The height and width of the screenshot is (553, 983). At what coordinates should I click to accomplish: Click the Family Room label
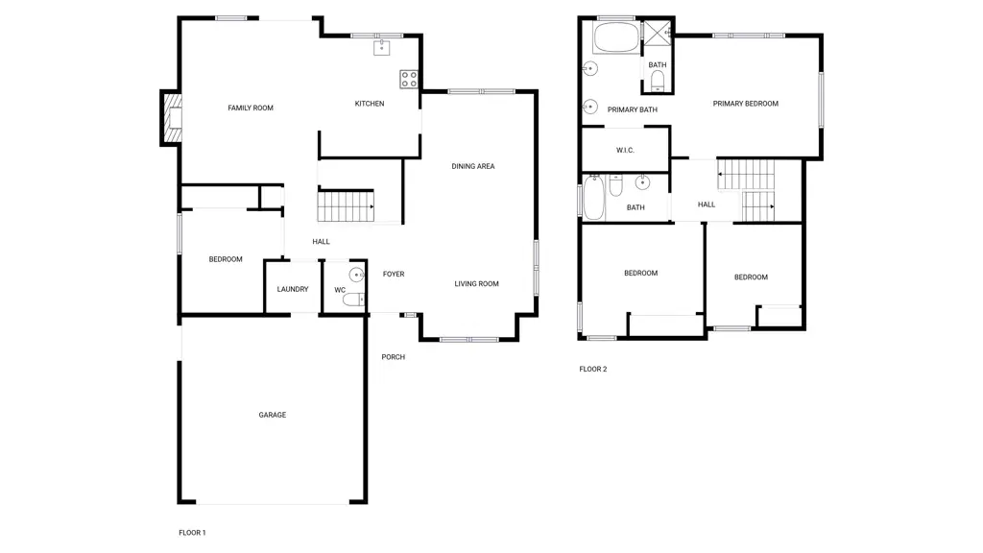click(251, 108)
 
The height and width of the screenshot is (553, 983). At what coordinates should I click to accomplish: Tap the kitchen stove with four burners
click(409, 79)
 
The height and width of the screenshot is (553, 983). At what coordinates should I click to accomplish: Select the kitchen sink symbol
click(382, 47)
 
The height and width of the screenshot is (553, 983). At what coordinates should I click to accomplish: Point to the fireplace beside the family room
click(172, 117)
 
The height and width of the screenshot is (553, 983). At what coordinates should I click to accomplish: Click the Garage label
click(272, 415)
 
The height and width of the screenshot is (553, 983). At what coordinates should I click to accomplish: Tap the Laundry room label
click(293, 289)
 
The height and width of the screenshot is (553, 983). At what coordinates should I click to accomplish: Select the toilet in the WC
click(353, 300)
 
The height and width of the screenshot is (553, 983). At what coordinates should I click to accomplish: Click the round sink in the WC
click(357, 274)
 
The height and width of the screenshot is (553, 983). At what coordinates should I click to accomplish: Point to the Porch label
click(393, 357)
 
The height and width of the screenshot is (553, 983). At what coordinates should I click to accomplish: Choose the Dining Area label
click(473, 166)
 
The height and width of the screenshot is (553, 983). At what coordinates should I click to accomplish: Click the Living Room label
click(476, 283)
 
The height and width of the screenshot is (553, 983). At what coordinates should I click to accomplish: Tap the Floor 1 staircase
click(346, 206)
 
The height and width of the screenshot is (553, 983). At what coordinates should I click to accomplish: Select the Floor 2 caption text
click(593, 369)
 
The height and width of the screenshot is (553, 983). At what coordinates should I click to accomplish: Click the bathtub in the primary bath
click(617, 38)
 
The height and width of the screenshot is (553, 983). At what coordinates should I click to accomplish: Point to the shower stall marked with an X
click(659, 33)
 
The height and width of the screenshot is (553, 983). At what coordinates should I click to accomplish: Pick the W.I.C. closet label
click(625, 150)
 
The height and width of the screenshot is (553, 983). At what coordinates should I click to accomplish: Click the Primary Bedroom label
click(745, 104)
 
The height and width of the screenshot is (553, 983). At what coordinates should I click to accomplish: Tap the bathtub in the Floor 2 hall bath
click(593, 198)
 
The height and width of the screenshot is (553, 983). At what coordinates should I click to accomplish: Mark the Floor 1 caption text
click(192, 532)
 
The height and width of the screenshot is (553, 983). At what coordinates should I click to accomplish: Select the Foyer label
click(394, 274)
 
